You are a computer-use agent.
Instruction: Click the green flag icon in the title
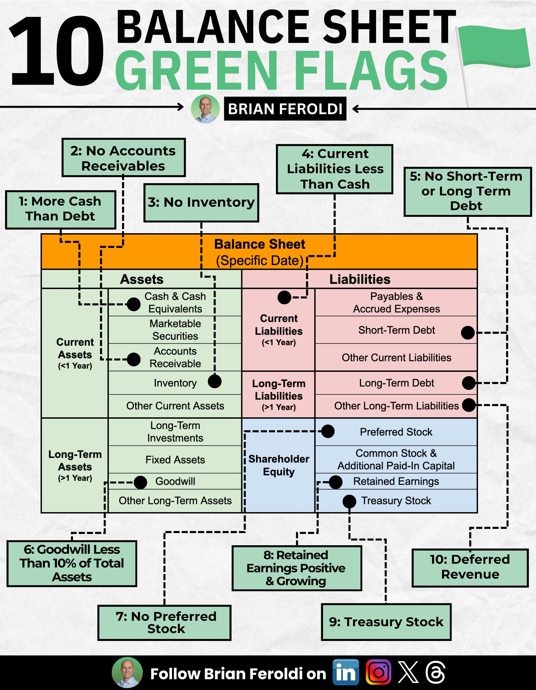click(494, 47)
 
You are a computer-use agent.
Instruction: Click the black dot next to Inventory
click(215, 381)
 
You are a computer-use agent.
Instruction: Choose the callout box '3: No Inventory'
click(201, 202)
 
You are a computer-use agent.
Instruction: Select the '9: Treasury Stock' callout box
click(386, 622)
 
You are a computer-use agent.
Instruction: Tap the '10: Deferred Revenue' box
click(470, 568)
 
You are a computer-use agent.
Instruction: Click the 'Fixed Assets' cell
click(175, 460)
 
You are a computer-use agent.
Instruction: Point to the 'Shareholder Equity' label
click(279, 465)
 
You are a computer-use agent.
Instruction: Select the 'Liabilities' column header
click(360, 279)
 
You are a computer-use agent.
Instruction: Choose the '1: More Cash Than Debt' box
click(60, 209)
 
